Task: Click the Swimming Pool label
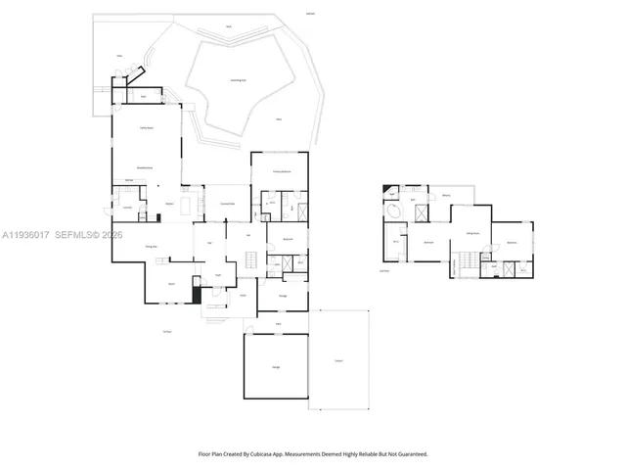[238, 80]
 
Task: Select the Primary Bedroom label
[279, 170]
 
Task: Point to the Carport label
[338, 361]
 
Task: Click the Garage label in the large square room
[276, 366]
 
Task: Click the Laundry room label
[127, 208]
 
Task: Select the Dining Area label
[153, 247]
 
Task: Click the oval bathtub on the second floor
[394, 211]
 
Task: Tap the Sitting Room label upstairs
[471, 233]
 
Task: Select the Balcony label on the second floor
[446, 195]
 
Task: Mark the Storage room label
[283, 294]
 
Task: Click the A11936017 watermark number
[26, 235]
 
